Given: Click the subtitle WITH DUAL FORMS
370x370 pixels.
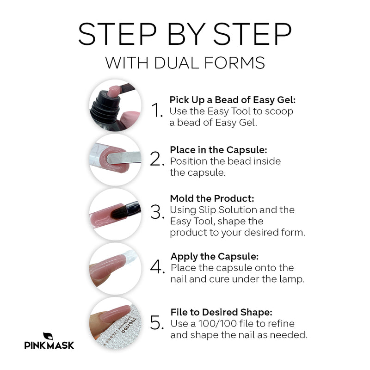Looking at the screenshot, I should [x=185, y=62].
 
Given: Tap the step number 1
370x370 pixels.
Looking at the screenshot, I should [x=158, y=111].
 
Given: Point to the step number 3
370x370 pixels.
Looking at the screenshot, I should [x=158, y=213].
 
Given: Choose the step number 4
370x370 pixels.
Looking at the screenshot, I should [x=158, y=267].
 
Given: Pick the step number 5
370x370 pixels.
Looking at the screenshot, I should [x=158, y=323].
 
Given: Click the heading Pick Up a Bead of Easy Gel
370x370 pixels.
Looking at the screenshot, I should [x=232, y=100].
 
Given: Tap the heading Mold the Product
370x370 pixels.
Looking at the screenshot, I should [x=212, y=198].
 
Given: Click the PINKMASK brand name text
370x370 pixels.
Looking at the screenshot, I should [x=49, y=345].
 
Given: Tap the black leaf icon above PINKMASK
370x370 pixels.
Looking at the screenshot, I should [x=48, y=335].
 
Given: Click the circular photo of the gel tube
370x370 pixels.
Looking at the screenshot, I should [x=115, y=105].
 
